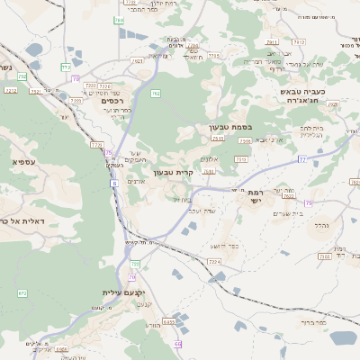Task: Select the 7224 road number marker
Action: [x=214, y=261]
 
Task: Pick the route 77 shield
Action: [x=302, y=159]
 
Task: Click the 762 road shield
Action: [x=156, y=93]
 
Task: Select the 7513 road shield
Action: [x=242, y=159]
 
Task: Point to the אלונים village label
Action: [x=209, y=158]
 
